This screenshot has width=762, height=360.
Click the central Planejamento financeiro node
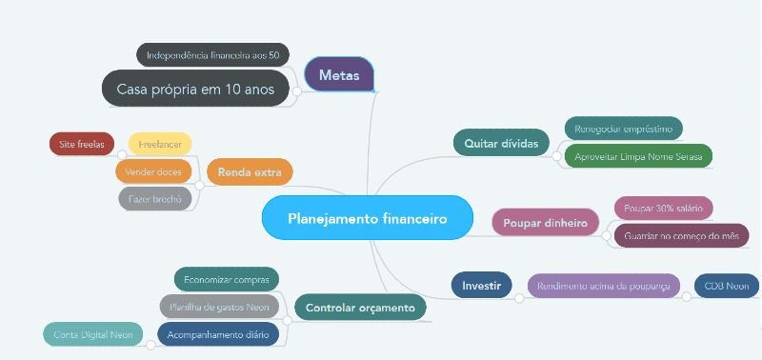[367, 218]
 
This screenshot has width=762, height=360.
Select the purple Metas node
[339, 75]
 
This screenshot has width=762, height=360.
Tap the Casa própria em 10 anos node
[195, 89]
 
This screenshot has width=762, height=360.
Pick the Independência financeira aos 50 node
[212, 55]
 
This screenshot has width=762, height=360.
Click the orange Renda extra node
[250, 172]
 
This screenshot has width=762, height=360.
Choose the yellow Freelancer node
[160, 144]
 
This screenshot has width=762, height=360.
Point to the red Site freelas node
[81, 144]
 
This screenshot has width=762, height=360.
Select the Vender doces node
[153, 171]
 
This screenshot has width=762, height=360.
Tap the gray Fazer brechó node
[155, 198]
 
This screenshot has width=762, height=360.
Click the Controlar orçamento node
[360, 308]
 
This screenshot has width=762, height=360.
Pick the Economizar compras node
[226, 279]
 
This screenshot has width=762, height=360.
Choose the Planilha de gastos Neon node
[218, 307]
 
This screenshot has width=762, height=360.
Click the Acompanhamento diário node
[218, 334]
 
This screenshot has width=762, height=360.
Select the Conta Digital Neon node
[91, 334]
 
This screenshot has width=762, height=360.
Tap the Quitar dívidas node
[501, 143]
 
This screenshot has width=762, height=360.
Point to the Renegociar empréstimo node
[623, 128]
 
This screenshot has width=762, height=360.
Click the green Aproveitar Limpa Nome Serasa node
[637, 155]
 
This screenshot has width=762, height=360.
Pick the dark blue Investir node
[481, 285]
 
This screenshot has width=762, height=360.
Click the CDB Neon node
[726, 286]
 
